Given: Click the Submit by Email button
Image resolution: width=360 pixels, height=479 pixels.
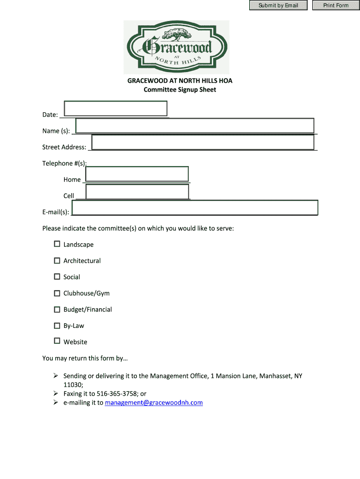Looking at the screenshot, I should [x=278, y=6].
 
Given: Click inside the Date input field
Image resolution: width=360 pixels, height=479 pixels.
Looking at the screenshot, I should [x=115, y=108].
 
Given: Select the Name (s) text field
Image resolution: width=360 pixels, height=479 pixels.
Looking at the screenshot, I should [x=194, y=126].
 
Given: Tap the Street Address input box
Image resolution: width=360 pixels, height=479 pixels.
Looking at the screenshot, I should [x=202, y=142].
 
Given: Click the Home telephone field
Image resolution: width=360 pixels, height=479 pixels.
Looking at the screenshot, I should [x=137, y=174].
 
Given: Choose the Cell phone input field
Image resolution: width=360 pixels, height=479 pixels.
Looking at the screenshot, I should [x=137, y=191].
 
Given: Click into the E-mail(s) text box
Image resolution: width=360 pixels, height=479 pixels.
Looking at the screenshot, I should [x=195, y=207].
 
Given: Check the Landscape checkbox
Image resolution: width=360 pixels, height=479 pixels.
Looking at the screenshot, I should [x=57, y=244].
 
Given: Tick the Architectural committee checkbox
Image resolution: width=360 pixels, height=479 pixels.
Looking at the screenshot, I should [x=57, y=261].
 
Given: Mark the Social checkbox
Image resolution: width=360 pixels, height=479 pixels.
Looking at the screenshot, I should [x=57, y=277].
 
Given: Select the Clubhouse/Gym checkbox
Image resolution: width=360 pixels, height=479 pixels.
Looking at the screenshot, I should [x=57, y=293].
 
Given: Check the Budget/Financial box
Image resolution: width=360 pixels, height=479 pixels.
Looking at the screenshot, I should [x=57, y=309].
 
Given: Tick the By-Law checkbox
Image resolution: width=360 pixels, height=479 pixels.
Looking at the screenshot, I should [x=57, y=326].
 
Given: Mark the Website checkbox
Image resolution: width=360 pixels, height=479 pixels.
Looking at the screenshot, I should [x=57, y=341].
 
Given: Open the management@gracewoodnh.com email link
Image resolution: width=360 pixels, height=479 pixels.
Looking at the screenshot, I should [x=154, y=402].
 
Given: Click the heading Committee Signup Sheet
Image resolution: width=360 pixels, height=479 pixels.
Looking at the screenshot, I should [x=180, y=89].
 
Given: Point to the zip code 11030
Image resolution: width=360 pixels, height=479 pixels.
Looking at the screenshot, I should [x=73, y=385].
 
